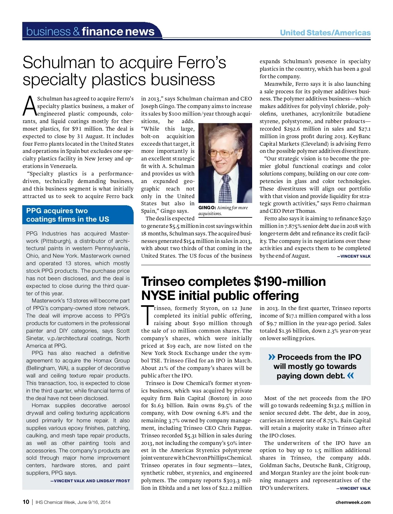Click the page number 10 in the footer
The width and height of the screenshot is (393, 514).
[x=26, y=502]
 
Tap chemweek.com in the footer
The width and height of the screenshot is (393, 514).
[x=353, y=502]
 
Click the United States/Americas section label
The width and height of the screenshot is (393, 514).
[x=325, y=33]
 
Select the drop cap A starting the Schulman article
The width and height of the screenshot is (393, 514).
[x=29, y=106]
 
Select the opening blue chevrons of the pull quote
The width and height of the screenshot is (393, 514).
[x=271, y=357]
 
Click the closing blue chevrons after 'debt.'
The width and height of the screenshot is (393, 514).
[x=350, y=376]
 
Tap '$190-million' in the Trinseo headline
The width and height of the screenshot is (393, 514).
[x=290, y=282]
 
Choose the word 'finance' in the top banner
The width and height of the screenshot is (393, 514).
[x=102, y=31]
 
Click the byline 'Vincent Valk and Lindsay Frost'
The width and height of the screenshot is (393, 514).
[x=90, y=481]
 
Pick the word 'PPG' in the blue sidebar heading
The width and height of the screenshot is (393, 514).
[x=33, y=211]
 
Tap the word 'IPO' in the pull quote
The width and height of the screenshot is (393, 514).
[x=354, y=357]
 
